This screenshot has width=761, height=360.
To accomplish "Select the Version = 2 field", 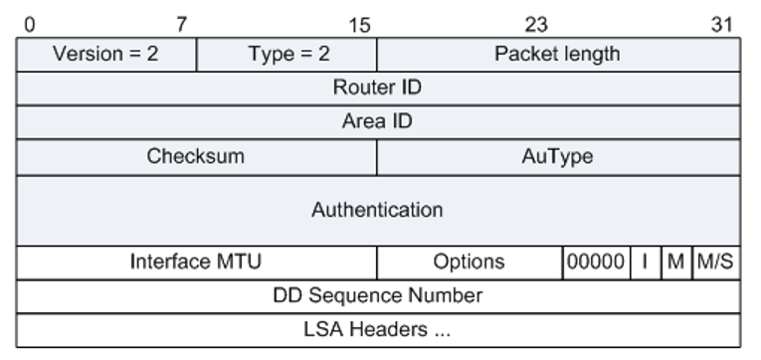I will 105,54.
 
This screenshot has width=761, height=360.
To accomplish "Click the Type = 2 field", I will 287,54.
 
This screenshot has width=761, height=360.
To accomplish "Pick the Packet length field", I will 557,54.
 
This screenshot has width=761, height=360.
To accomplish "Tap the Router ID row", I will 377,88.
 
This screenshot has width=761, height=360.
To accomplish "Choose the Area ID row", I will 377,121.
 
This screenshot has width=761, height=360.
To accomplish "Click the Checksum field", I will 196,156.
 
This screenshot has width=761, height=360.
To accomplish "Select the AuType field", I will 557,156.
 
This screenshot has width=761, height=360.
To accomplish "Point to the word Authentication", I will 377,210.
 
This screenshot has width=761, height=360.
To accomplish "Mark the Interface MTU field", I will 196,262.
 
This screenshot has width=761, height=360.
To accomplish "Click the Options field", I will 469,262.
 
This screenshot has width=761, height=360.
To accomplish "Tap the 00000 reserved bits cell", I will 595,262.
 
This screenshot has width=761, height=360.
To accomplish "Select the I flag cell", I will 645,262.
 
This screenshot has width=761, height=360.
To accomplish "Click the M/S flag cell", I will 715,262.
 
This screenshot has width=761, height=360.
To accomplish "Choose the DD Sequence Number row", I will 377,295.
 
